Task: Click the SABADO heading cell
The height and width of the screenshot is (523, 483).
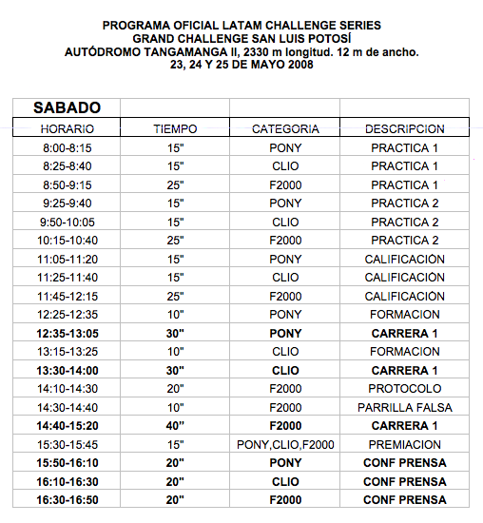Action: (67, 108)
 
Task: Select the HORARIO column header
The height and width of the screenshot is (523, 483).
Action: (67, 128)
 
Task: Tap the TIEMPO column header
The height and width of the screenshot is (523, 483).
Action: (175, 128)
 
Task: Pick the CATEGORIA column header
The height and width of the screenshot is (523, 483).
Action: (285, 128)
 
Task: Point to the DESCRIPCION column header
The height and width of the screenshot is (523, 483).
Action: (404, 128)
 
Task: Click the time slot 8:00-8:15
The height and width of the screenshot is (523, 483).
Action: (67, 147)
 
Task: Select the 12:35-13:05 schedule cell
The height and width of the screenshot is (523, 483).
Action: (67, 333)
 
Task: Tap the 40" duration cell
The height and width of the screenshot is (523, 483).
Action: (175, 426)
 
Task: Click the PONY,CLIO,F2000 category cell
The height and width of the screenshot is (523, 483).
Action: (285, 444)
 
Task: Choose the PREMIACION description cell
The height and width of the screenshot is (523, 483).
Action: (404, 444)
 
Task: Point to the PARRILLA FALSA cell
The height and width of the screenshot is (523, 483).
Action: (404, 407)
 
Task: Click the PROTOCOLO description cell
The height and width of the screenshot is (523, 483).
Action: (404, 389)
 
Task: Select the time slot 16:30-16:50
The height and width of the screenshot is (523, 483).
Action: (67, 500)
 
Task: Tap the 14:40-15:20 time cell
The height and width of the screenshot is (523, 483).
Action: (67, 426)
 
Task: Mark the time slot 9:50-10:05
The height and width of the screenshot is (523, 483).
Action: (67, 222)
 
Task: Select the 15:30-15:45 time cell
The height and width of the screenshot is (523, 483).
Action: (67, 444)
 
